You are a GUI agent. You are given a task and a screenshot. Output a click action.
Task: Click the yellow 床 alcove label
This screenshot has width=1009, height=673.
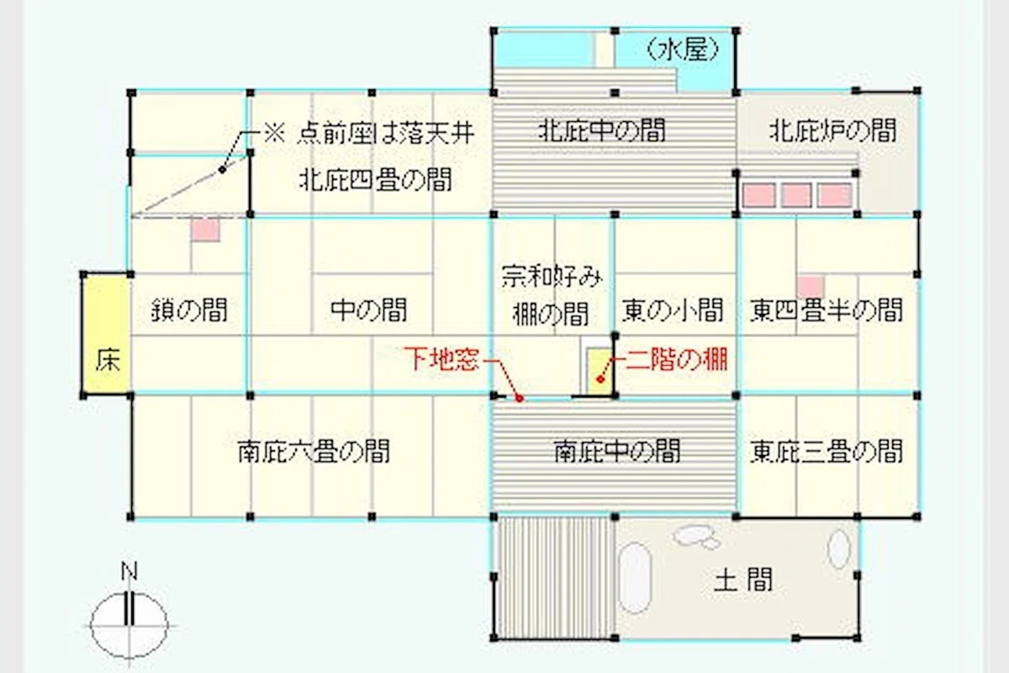pos(108,361)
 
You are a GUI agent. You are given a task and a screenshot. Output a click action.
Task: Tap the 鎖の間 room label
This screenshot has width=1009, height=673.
pos(189,310)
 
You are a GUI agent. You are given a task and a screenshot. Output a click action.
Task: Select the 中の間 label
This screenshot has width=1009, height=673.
pos(369,310)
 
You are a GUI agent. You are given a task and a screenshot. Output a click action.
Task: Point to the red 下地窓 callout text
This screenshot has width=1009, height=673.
pos(441,359)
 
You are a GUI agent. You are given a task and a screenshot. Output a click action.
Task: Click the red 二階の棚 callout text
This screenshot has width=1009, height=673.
pos(677,360)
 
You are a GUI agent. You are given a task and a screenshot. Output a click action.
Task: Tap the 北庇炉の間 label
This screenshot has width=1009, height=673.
pos(833,130)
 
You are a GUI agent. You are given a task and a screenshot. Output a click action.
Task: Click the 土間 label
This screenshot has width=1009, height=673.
pos(743,580)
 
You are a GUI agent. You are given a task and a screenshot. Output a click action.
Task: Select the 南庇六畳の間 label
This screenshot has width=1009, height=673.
pos(314,451)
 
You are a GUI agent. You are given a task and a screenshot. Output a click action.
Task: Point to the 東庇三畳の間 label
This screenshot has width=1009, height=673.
pos(827,451)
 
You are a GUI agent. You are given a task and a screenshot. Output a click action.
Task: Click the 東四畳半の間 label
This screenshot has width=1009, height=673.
pos(827,310)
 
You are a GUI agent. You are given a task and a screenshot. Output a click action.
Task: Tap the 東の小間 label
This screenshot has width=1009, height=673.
pos(673,310)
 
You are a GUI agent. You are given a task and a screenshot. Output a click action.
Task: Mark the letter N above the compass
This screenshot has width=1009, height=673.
pos(129,571)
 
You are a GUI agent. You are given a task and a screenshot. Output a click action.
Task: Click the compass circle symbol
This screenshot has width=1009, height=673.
pos(129,626)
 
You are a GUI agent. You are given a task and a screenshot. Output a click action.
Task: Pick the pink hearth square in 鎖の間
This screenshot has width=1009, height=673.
pos(205,230)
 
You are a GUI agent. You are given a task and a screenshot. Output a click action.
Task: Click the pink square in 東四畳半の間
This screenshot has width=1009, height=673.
pos(811,287)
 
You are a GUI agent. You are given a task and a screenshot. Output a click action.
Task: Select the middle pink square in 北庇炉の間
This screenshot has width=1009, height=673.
pos(796,195)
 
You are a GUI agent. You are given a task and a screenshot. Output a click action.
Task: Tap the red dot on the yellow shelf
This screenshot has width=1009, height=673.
pos(600,379)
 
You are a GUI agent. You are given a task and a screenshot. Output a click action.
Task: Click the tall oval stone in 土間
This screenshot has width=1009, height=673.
pos(635,578)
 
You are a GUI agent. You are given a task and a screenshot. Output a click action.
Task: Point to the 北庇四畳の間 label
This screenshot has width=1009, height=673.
pos(375,179)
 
